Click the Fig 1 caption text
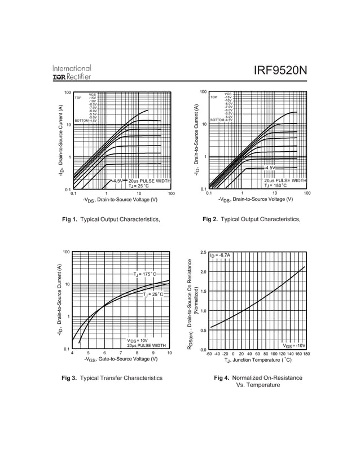click(115, 219)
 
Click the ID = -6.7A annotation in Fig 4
click(220, 256)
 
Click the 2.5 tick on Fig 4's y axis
click(203, 252)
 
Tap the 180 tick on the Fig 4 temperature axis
click(306, 354)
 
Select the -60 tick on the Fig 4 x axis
click(208, 354)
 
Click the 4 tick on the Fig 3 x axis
click(72, 353)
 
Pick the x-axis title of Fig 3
click(120, 360)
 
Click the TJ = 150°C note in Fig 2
click(277, 185)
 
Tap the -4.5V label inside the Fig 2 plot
click(270, 168)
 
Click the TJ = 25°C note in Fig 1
click(139, 186)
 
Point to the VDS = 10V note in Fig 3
click(137, 340)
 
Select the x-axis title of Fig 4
click(257, 361)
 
